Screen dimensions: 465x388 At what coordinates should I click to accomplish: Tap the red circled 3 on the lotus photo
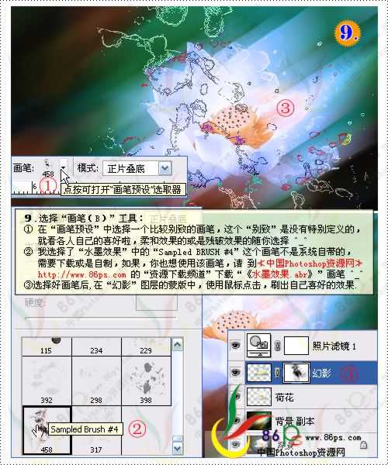point(286,108)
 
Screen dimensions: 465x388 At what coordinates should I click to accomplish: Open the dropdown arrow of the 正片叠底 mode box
point(164,167)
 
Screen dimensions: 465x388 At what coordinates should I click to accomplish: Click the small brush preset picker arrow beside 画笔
point(62,164)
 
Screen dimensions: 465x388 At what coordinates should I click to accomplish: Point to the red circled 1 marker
point(47,186)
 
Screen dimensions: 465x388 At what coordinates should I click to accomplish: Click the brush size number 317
point(95,449)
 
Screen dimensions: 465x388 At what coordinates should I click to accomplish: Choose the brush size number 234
point(95,351)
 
